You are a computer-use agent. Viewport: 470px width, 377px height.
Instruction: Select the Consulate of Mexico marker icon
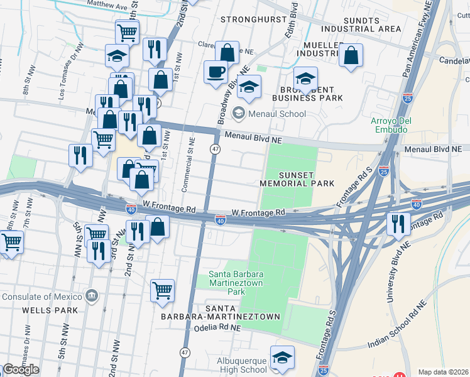pos(92,295)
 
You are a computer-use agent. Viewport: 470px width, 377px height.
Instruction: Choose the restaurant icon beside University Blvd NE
pos(398,223)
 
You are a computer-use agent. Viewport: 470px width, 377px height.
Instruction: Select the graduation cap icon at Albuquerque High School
pos(281,357)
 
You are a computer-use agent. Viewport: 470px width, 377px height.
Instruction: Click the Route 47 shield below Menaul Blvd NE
pos(215,149)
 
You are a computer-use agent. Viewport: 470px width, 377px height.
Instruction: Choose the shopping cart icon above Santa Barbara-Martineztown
pos(162,290)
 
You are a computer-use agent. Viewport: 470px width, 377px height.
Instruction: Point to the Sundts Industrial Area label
pos(361,24)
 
